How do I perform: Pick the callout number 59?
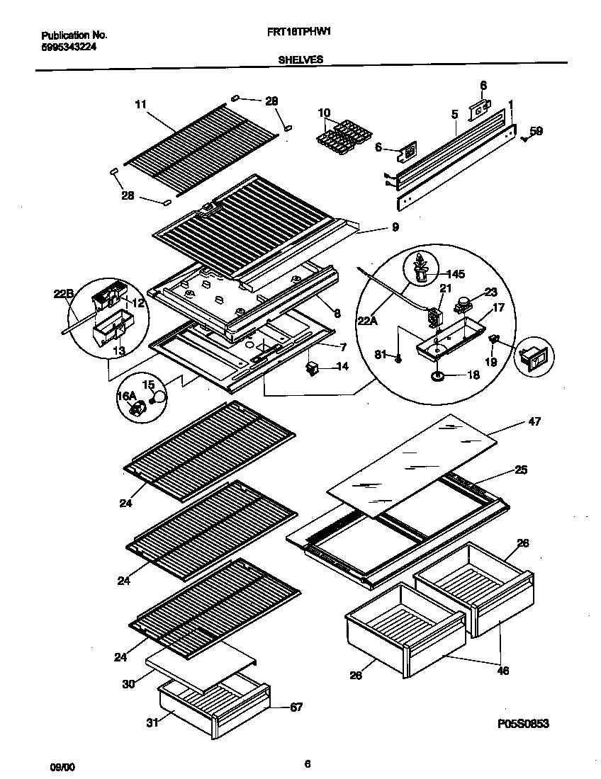(537, 131)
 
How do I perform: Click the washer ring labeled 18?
(438, 375)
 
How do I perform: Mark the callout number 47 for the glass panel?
(534, 421)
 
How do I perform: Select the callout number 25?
(521, 470)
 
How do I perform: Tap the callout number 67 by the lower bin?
(296, 707)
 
